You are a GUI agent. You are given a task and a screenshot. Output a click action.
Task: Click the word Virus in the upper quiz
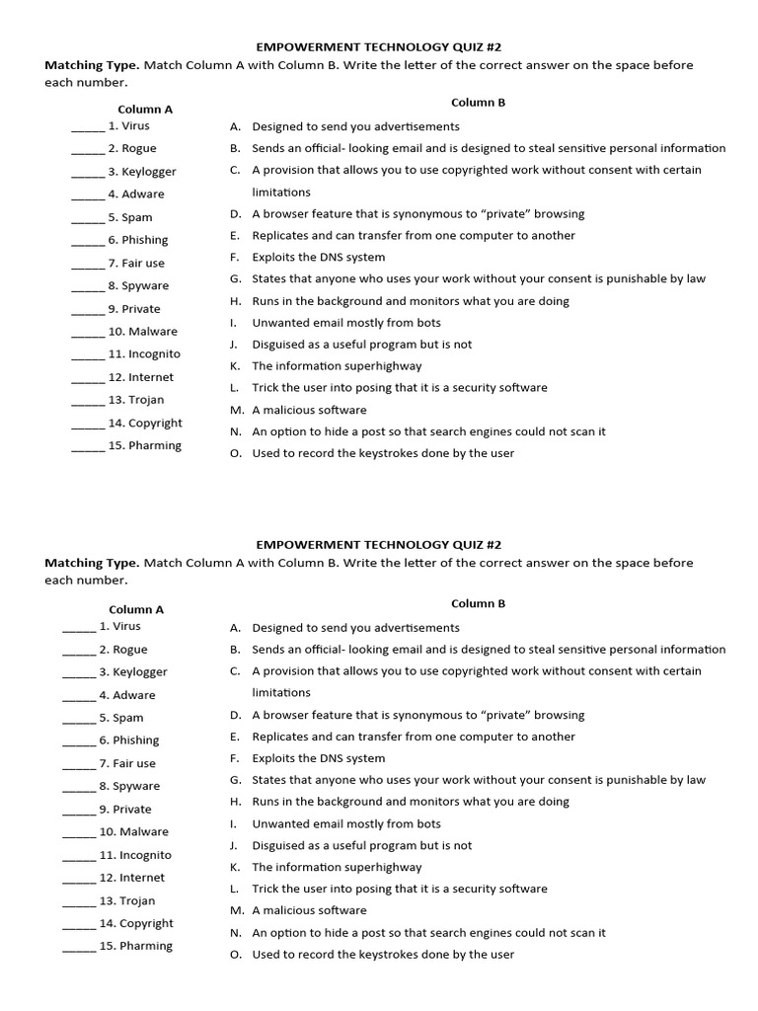pyautogui.click(x=136, y=125)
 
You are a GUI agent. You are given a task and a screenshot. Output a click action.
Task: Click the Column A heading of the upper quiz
pyautogui.click(x=145, y=109)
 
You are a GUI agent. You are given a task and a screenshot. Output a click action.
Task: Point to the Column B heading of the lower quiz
pyautogui.click(x=478, y=603)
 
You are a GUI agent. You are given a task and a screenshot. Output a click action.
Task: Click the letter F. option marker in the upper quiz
pyautogui.click(x=235, y=257)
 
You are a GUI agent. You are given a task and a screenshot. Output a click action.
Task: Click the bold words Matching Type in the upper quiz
pyautogui.click(x=92, y=65)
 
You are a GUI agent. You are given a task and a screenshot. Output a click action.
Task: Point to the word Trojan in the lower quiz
pyautogui.click(x=137, y=900)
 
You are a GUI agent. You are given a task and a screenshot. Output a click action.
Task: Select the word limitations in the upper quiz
pyautogui.click(x=281, y=192)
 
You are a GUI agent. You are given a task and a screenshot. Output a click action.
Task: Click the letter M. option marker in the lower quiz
pyautogui.click(x=237, y=910)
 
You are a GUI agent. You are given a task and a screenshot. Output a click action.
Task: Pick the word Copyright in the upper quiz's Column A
pyautogui.click(x=155, y=423)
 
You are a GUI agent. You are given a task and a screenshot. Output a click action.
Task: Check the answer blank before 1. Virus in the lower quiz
pyautogui.click(x=79, y=629)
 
